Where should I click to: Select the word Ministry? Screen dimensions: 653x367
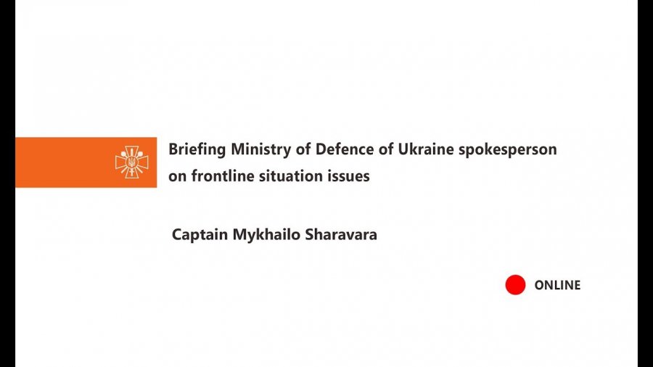click(x=260, y=149)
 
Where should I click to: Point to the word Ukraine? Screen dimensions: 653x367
click(x=426, y=149)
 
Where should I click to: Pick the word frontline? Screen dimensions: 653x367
click(x=223, y=176)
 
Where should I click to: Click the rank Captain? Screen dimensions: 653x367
click(x=200, y=235)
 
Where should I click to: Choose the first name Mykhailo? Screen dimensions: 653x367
click(x=266, y=235)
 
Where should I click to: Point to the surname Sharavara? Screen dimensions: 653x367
click(x=341, y=234)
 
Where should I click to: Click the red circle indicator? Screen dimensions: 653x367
click(x=515, y=284)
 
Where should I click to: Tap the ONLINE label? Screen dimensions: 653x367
click(x=557, y=285)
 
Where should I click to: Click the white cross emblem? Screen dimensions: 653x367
click(x=131, y=162)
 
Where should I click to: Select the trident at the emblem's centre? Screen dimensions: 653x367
click(x=131, y=162)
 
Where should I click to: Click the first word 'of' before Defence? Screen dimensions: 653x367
click(x=303, y=149)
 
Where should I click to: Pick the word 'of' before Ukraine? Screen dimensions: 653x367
click(x=386, y=149)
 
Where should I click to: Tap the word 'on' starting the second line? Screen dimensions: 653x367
click(x=178, y=177)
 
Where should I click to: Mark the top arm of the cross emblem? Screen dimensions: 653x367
click(x=131, y=151)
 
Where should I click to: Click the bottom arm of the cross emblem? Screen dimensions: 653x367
click(x=131, y=173)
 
